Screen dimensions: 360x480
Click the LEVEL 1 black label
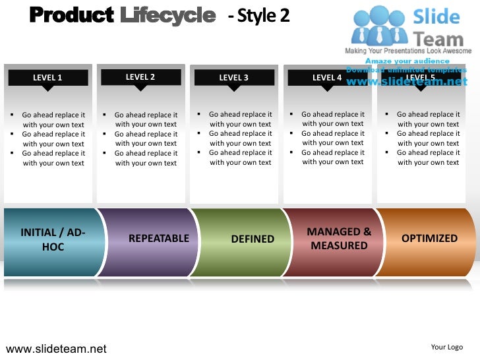[x=47, y=78]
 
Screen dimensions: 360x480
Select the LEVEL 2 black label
[x=140, y=77]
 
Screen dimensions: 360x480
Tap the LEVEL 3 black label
[x=233, y=78]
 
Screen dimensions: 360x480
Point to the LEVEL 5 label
[x=420, y=77]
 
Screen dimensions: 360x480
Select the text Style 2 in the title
[x=262, y=15]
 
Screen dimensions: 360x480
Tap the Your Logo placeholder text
[x=446, y=347]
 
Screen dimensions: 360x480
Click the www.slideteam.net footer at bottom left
[x=56, y=348]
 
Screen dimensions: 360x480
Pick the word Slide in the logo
[x=436, y=16]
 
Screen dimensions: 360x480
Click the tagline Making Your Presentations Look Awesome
[x=409, y=51]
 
